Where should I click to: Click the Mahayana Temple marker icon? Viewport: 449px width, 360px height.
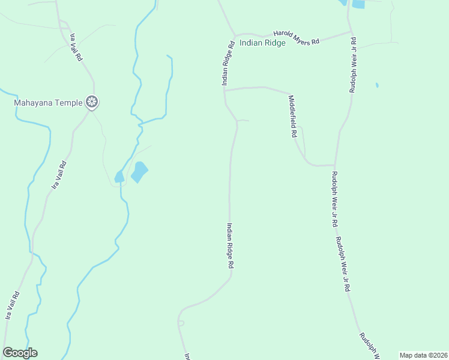92,103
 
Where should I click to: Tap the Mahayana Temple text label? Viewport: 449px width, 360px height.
48,103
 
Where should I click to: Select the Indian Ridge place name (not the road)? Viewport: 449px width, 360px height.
262,43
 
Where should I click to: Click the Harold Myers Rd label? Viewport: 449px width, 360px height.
297,38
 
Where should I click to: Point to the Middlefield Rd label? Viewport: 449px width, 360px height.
293,117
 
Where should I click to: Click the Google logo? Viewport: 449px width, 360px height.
20,353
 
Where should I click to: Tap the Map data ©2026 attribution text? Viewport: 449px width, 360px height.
423,355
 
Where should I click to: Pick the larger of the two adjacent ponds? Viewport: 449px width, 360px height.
139,172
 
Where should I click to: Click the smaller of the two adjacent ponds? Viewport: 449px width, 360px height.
119,176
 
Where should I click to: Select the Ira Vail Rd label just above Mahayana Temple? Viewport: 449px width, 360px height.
75,46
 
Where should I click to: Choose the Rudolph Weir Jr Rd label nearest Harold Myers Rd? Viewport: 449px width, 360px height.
354,65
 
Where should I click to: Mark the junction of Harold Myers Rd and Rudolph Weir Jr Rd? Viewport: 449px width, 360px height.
351,32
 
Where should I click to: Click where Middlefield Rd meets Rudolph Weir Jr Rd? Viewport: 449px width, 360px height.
334,164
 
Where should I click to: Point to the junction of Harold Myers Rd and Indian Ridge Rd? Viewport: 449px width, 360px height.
235,35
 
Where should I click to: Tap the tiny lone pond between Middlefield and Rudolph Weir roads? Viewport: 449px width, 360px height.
376,85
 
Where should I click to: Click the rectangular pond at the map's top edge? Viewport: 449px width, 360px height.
358,4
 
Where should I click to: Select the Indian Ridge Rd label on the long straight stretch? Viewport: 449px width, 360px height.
230,246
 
